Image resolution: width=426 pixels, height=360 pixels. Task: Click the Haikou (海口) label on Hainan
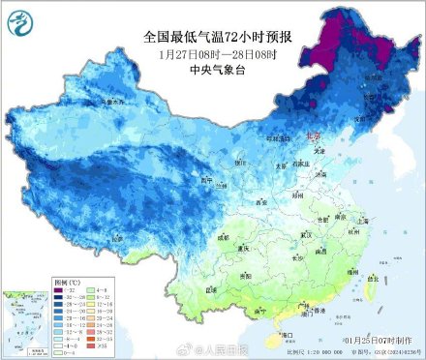click(287, 334)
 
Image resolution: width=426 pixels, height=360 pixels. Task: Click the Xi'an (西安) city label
click(260, 202)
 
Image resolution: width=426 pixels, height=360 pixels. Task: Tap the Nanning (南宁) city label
click(261, 312)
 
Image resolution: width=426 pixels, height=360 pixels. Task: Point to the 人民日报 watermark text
click(219, 347)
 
